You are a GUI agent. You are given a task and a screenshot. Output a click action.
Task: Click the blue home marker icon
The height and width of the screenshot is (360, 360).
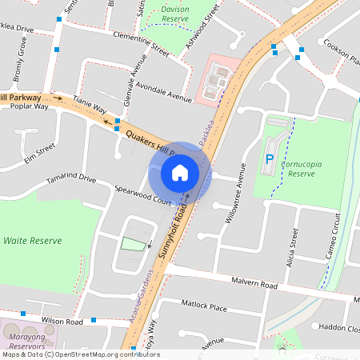(180, 173)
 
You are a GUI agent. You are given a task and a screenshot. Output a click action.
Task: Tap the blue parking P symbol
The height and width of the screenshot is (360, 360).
(270, 159)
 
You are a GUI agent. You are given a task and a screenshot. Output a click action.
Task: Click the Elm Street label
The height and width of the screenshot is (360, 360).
(39, 151)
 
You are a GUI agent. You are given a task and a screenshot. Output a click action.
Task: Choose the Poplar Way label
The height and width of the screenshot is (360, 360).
(29, 106)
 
